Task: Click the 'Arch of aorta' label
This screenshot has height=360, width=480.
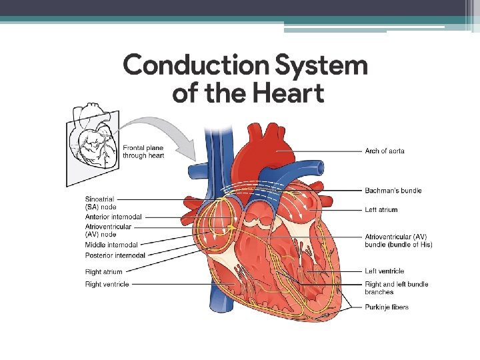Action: click(x=385, y=151)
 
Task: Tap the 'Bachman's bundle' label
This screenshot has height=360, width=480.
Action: click(x=393, y=191)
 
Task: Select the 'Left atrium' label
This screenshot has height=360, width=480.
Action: click(x=381, y=209)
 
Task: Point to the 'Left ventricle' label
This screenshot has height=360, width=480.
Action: click(x=384, y=271)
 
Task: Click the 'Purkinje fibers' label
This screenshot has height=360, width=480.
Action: click(x=387, y=307)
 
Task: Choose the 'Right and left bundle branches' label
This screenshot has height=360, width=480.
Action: click(x=396, y=288)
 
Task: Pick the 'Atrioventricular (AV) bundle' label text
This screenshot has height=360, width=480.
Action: click(x=398, y=241)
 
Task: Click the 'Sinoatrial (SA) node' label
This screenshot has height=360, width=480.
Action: click(x=101, y=203)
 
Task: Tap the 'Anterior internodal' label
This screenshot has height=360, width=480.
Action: click(x=113, y=217)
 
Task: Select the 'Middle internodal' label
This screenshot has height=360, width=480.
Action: click(x=111, y=245)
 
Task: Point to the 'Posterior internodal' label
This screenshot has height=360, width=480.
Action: click(x=115, y=255)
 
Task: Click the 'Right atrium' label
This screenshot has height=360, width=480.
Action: click(x=103, y=271)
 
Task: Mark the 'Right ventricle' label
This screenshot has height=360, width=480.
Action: click(x=107, y=284)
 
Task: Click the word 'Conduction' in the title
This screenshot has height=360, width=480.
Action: click(x=190, y=66)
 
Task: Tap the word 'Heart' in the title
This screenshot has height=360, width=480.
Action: click(x=284, y=93)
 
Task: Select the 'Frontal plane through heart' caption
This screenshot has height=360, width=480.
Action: click(x=143, y=151)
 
